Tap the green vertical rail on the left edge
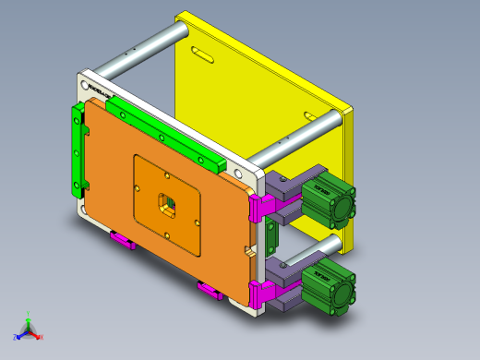click(77, 151)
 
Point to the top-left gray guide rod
click(138, 51)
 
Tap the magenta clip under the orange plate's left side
click(123, 242)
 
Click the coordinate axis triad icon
click(27, 328)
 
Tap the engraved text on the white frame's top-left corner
click(98, 90)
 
